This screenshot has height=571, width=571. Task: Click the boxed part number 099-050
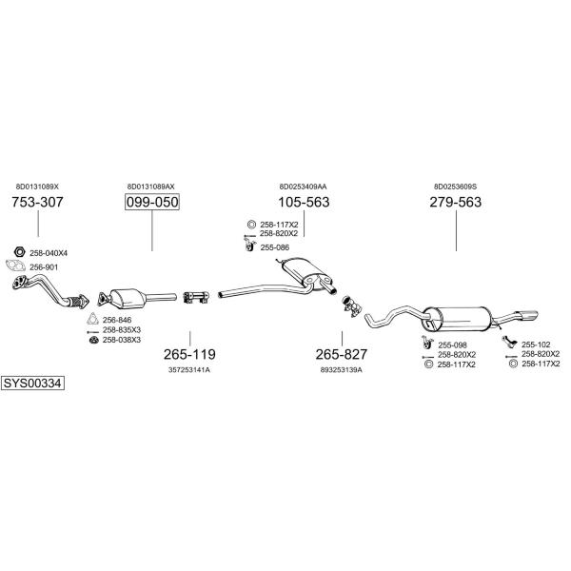point(152,202)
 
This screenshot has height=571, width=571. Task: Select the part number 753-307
point(37,202)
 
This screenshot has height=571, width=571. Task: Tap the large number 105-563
point(304,202)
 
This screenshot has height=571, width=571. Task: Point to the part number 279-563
point(456,202)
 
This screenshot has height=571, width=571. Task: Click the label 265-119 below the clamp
point(189,354)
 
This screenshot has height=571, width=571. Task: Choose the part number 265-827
point(342,354)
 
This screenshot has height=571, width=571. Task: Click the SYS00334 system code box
point(32,384)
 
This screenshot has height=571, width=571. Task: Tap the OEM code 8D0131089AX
point(150,187)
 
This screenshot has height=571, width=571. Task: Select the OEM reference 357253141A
point(189,370)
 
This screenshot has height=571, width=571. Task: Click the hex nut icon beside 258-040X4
point(19,251)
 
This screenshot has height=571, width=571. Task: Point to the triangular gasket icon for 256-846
point(92,319)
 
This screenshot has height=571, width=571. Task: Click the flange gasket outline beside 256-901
point(15,266)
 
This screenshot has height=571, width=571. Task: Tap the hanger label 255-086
point(275,247)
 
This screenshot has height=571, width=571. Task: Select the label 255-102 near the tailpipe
point(536,345)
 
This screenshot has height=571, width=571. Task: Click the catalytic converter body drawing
point(127,299)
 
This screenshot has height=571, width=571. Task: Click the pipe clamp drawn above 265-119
point(195,297)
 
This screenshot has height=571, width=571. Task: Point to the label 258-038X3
point(122,340)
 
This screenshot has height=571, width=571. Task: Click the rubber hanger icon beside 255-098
point(426,343)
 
